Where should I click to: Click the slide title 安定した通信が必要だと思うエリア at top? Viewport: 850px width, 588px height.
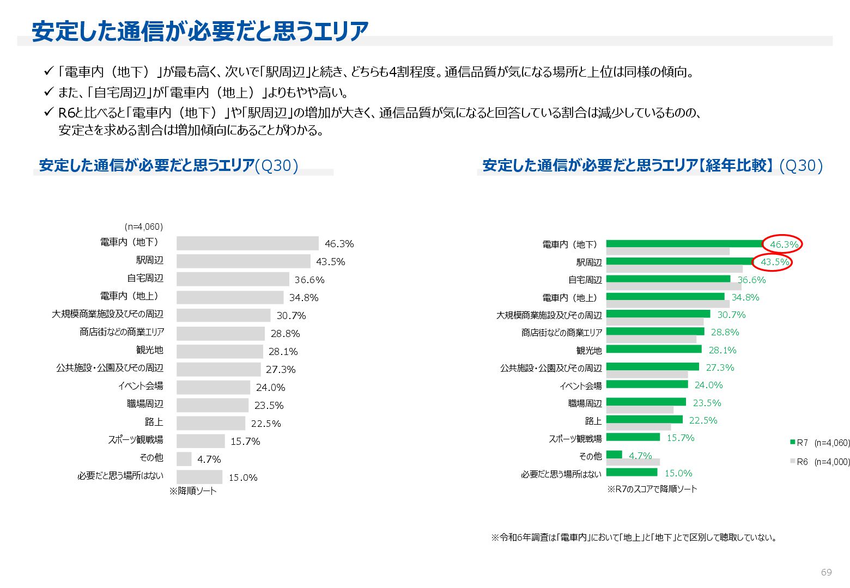click(200, 32)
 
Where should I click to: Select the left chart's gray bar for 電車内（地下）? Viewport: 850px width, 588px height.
click(247, 243)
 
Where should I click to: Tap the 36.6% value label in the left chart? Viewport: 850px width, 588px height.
click(309, 280)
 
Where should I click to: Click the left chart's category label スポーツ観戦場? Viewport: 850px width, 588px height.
click(135, 439)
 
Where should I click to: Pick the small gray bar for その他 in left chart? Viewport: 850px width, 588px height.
click(184, 459)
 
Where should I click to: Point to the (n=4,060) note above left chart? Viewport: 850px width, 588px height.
click(144, 226)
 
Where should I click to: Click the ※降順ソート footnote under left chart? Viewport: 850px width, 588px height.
click(193, 491)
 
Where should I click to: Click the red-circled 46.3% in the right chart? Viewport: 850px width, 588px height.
click(784, 244)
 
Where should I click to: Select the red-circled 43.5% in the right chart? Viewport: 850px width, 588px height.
click(774, 262)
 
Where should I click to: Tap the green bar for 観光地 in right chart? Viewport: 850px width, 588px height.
click(653, 349)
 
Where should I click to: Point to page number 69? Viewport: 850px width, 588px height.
click(826, 572)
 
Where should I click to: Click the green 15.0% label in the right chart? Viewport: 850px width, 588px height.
click(678, 473)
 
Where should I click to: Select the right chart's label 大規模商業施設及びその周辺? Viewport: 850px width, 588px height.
click(549, 315)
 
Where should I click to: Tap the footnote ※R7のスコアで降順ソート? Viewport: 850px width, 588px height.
click(652, 489)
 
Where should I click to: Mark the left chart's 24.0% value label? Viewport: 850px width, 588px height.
click(270, 388)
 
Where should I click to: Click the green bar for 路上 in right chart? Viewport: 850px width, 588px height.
click(644, 419)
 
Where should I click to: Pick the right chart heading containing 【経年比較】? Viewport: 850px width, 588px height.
click(652, 166)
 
